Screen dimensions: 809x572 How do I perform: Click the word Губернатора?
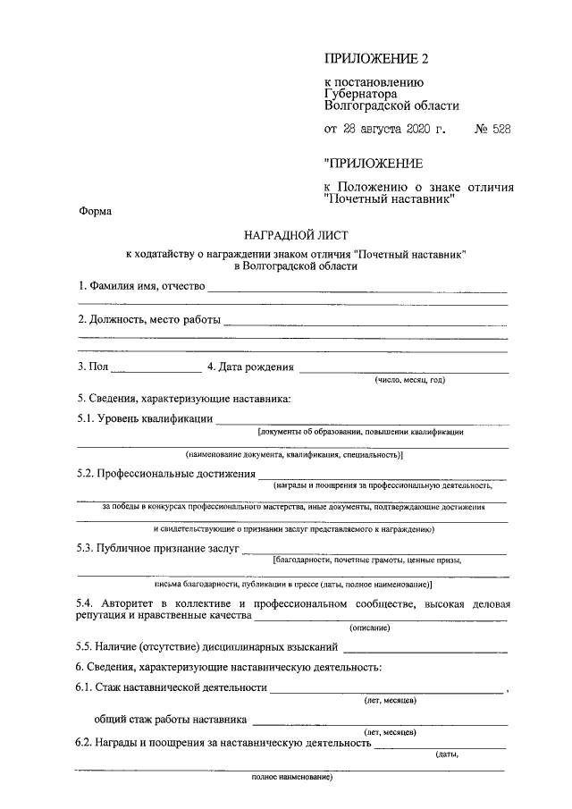coord(360,91)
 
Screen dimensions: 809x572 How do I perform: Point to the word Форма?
coord(96,212)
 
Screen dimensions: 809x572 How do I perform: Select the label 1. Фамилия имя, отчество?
coord(140,286)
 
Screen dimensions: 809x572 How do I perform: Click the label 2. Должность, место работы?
coord(147,319)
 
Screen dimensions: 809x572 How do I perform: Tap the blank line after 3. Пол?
coord(156,368)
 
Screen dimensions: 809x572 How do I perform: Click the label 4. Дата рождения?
coord(250,367)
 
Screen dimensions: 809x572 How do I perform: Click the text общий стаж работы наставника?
coord(171,718)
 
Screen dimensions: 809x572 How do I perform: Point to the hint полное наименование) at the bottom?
coord(291,776)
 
